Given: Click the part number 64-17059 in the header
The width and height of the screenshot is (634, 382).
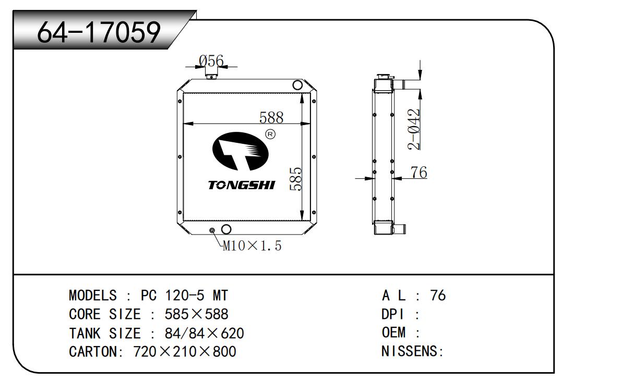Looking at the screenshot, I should click(x=99, y=33).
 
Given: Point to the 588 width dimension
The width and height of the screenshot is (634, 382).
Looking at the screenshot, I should click(x=271, y=117).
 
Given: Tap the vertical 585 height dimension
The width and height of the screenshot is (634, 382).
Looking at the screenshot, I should click(x=296, y=179).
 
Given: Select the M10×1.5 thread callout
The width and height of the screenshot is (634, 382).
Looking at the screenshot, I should click(x=253, y=245).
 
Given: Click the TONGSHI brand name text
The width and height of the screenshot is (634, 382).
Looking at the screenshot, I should click(x=242, y=186).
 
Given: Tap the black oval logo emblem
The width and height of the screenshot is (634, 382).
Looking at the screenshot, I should click(x=240, y=152).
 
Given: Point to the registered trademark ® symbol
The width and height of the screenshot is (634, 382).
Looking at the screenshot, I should click(x=270, y=134).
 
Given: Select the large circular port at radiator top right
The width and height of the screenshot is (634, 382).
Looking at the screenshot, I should click(x=297, y=85).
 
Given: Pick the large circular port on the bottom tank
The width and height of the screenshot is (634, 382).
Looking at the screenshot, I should click(x=227, y=229).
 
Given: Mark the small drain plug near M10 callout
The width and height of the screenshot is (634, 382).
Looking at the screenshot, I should click(x=212, y=230).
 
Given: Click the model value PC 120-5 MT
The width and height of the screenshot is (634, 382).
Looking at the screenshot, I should click(x=184, y=295).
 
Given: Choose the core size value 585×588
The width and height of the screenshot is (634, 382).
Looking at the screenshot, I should click(x=196, y=314).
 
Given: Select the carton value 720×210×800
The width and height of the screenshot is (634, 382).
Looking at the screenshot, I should click(x=185, y=351).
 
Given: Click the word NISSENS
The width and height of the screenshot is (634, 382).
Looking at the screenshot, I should click(x=410, y=351).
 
